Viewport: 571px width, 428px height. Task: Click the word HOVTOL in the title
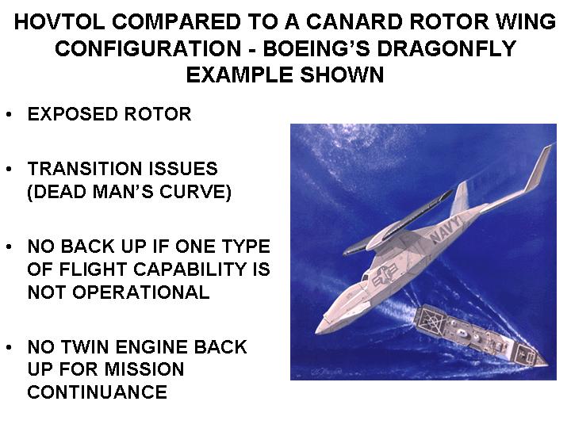pyautogui.click(x=59, y=21)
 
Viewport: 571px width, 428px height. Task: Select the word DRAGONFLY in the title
pyautogui.click(x=446, y=48)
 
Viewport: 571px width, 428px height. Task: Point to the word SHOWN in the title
pyautogui.click(x=342, y=75)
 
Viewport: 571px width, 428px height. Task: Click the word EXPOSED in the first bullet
pyautogui.click(x=72, y=114)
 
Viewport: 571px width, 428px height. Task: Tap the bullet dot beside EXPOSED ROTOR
pyautogui.click(x=9, y=114)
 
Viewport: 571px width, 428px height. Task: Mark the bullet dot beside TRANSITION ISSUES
pyautogui.click(x=9, y=170)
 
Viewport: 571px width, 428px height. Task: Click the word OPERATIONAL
pyautogui.click(x=140, y=292)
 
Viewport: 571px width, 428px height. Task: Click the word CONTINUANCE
pyautogui.click(x=98, y=392)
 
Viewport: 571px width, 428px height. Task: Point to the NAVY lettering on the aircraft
pyautogui.click(x=446, y=227)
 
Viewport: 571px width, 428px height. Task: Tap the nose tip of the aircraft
pyautogui.click(x=316, y=331)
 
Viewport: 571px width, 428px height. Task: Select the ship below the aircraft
pyautogui.click(x=480, y=335)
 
